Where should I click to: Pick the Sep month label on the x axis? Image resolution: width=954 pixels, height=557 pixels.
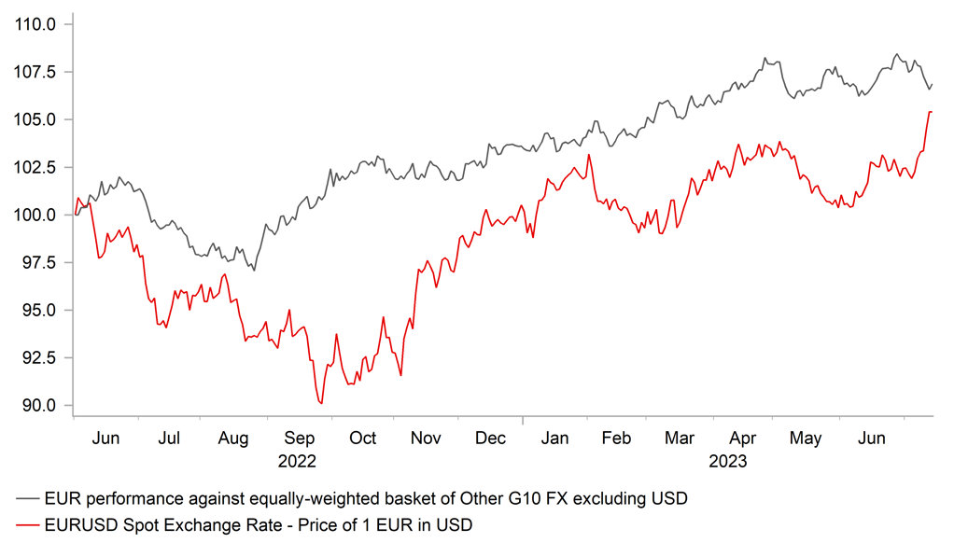point(299,438)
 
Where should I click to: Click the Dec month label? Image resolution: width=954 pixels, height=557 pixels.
point(491,438)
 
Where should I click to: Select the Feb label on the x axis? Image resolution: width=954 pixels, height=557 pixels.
point(617,438)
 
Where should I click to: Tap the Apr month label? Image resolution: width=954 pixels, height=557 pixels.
point(743,438)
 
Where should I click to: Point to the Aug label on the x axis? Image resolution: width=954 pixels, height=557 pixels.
point(232,438)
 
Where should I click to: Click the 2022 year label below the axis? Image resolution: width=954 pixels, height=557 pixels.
point(298,460)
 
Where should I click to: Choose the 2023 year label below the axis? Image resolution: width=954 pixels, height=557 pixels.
point(728,460)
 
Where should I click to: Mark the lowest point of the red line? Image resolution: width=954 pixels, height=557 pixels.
point(321,403)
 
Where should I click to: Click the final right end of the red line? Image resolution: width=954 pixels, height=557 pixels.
point(932,112)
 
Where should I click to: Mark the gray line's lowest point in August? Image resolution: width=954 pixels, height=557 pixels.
point(254,271)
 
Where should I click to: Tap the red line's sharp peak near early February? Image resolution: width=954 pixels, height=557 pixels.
point(589,155)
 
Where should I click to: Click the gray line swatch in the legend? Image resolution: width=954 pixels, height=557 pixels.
point(28,499)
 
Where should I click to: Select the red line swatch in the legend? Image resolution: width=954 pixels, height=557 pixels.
point(28,525)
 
